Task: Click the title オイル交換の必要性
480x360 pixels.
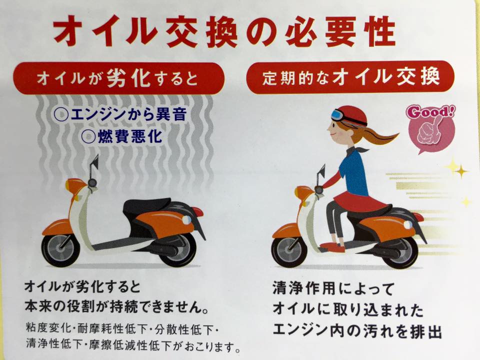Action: coord(224,31)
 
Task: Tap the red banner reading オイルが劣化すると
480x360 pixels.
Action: coord(119,78)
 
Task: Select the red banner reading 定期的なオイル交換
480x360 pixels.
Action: coord(350,77)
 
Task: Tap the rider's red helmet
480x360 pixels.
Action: coord(352,116)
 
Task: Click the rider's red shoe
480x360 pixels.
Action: coord(332,246)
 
